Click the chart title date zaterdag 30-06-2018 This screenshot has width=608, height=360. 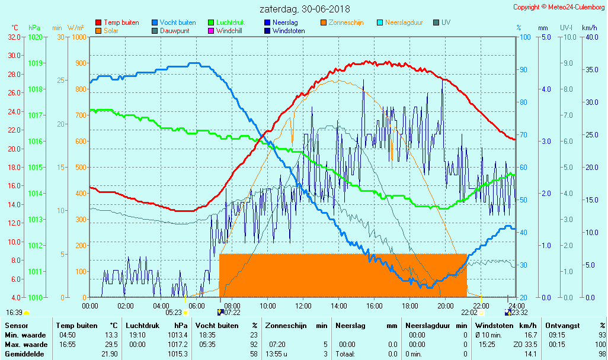click(305, 9)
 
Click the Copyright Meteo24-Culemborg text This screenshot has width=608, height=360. click(559, 7)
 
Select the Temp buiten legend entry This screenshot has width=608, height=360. click(121, 22)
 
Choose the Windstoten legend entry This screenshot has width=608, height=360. click(288, 31)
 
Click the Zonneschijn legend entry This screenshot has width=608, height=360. click(345, 22)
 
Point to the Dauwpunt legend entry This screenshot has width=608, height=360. click(175, 31)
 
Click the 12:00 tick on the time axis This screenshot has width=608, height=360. click(303, 306)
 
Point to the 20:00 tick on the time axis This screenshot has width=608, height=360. click(446, 306)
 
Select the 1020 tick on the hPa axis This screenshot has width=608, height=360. click(35, 37)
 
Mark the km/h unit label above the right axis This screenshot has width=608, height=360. click(589, 28)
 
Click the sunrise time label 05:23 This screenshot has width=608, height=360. click(173, 312)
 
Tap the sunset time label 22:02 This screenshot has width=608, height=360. click(469, 312)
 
